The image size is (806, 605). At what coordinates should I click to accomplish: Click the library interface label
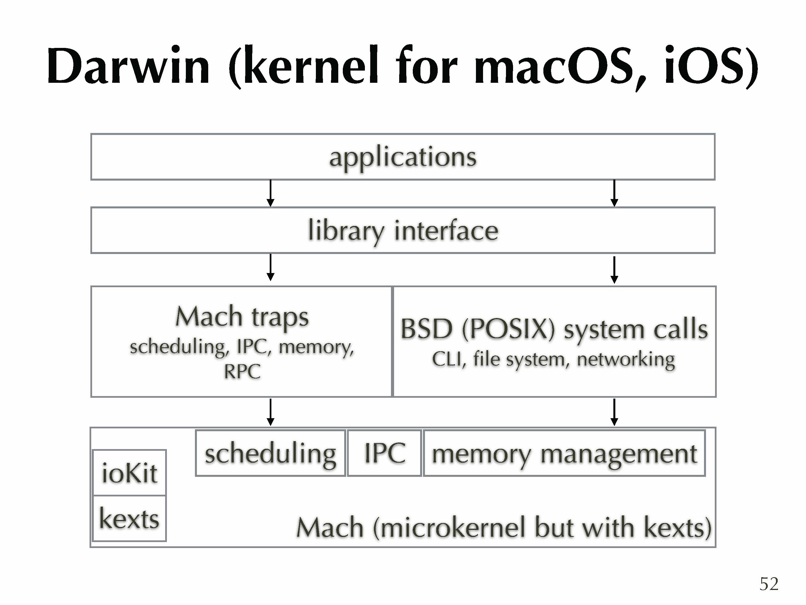point(403,231)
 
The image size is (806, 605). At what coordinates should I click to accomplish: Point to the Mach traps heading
point(242,317)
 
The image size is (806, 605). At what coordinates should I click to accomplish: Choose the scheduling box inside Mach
point(270,454)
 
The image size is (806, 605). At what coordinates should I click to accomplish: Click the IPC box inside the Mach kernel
point(384,454)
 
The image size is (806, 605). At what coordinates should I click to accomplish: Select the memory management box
point(564,454)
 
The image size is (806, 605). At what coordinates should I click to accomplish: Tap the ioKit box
point(129,473)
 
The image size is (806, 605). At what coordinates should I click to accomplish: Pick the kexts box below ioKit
point(129,519)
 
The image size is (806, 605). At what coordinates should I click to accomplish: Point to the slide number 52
point(769,584)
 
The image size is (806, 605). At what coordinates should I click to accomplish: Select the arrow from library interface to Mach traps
point(270,267)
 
